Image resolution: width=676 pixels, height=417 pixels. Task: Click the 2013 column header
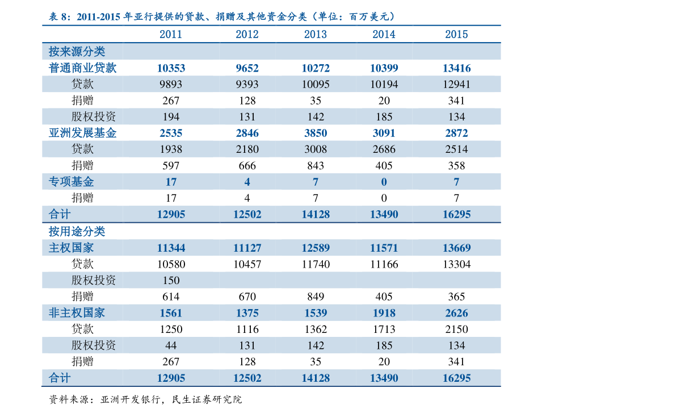tap(315, 34)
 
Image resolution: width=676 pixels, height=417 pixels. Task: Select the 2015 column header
tap(456, 34)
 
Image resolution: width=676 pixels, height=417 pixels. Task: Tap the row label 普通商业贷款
tap(82, 68)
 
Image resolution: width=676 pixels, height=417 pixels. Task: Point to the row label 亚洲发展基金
tap(82, 133)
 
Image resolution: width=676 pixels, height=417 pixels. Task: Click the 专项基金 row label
tap(71, 182)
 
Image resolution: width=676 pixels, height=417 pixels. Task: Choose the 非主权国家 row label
tap(77, 312)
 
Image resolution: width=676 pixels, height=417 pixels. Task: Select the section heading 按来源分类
tap(77, 51)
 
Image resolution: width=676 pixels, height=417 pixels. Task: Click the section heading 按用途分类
tap(77, 231)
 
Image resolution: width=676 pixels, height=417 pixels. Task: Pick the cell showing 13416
tap(456, 68)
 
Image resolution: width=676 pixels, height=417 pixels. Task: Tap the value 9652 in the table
tap(247, 68)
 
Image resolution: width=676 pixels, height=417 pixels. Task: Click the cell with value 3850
tap(315, 133)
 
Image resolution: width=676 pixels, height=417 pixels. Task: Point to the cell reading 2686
tap(384, 149)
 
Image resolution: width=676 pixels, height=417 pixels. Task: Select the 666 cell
tap(247, 166)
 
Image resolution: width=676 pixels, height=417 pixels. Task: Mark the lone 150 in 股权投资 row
tap(171, 281)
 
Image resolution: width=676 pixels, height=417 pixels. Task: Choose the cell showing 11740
tap(315, 264)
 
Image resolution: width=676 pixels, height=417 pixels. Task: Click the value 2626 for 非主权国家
tap(456, 313)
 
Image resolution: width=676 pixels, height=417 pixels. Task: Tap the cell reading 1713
tap(384, 330)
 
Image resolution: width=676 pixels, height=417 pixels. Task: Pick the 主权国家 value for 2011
tap(171, 248)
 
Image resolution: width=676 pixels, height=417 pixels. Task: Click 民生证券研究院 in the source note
tap(207, 399)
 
